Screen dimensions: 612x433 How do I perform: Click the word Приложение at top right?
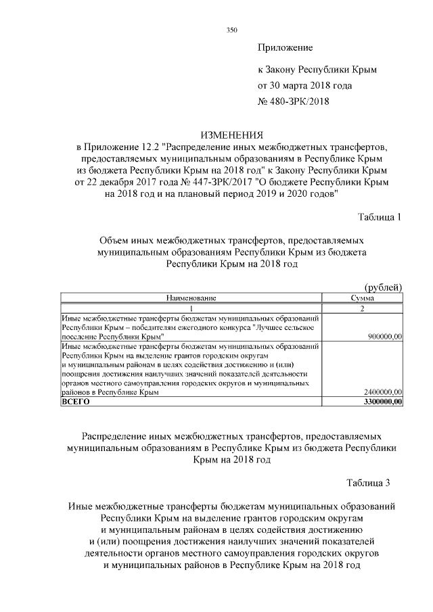coord(285,48)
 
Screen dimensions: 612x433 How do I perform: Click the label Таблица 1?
coord(379,217)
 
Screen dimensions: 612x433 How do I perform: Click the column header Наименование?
coord(191,298)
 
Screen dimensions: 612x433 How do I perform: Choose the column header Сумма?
coord(363,298)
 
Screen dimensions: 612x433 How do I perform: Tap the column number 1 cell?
coord(191,308)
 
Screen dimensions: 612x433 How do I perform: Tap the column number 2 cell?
coord(363,308)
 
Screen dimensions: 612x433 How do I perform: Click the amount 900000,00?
coord(384,336)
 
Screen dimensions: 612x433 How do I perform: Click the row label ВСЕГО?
coord(75,401)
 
